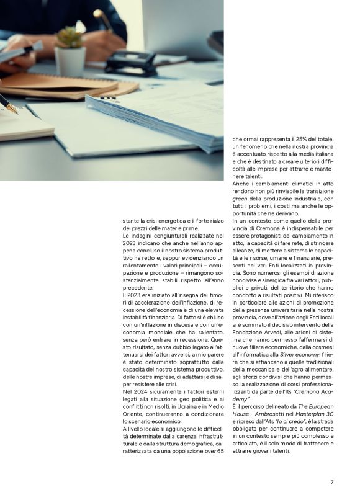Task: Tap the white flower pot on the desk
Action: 70,61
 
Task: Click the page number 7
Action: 332,482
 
